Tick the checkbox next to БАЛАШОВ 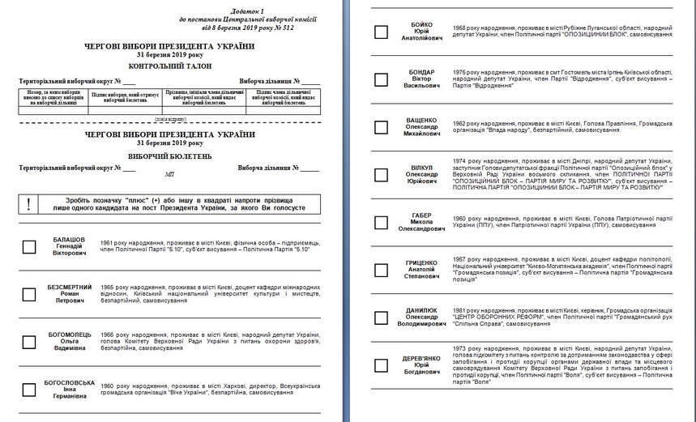point(29,247)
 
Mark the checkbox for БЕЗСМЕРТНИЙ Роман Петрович point(29,294)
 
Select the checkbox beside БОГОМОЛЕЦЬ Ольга point(29,342)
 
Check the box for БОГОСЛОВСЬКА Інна point(29,390)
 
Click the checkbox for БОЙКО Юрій point(381,32)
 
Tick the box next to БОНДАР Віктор point(381,79)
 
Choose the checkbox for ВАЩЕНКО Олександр point(381,126)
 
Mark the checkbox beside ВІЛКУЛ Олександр point(381,174)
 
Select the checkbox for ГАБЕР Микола point(381,223)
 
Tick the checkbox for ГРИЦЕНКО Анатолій point(381,270)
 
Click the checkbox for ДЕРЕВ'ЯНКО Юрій point(381,364)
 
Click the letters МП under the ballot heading point(169,173)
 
